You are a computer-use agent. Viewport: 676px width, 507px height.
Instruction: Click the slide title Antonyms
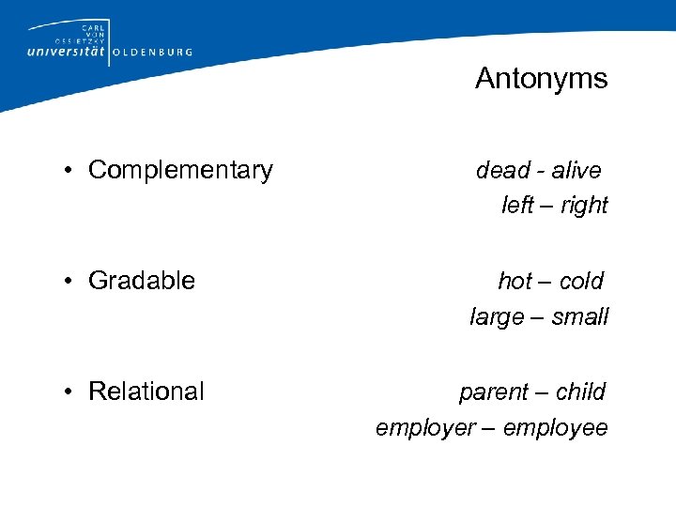[x=541, y=78]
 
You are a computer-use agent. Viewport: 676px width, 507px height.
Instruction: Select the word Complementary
[x=180, y=170]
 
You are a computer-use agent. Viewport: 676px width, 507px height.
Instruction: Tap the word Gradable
[x=142, y=281]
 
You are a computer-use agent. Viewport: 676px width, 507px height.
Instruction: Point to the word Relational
[x=146, y=392]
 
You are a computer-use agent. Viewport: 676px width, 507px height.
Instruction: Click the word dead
[x=502, y=170]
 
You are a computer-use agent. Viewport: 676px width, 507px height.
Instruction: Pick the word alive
[x=576, y=170]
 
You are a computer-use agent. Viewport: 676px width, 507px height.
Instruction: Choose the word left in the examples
[x=517, y=206]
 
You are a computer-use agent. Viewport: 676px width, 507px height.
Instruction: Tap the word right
[x=583, y=206]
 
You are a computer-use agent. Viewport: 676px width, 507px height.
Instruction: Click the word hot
[x=515, y=281]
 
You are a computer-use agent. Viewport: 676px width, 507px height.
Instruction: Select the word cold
[x=582, y=281]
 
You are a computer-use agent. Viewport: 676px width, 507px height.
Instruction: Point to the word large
[x=497, y=317]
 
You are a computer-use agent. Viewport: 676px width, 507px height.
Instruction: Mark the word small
[x=580, y=317]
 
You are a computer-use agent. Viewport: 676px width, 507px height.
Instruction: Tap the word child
[x=581, y=392]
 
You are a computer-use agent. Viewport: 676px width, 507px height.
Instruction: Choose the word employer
[x=425, y=428]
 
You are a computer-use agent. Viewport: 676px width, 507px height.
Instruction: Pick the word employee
[x=556, y=428]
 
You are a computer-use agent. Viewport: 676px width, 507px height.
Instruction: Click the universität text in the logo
[x=67, y=52]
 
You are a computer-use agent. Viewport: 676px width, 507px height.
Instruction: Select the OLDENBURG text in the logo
[x=152, y=53]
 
